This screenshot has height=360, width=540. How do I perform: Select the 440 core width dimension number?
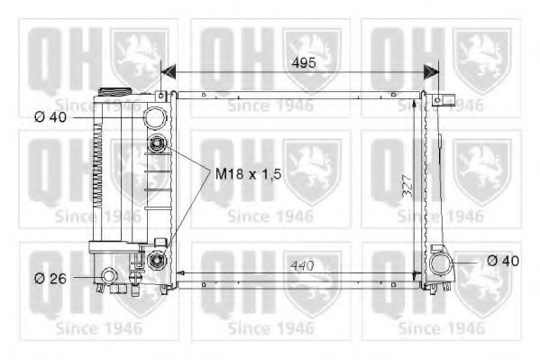(303, 265)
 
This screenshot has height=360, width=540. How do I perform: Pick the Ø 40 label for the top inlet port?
(53, 115)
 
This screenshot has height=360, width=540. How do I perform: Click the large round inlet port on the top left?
(157, 116)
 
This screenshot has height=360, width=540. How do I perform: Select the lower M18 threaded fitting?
(159, 261)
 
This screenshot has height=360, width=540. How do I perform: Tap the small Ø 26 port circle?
(110, 275)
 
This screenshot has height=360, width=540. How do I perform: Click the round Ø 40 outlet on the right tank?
(442, 264)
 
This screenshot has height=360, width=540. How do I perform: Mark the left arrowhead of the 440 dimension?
(181, 272)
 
